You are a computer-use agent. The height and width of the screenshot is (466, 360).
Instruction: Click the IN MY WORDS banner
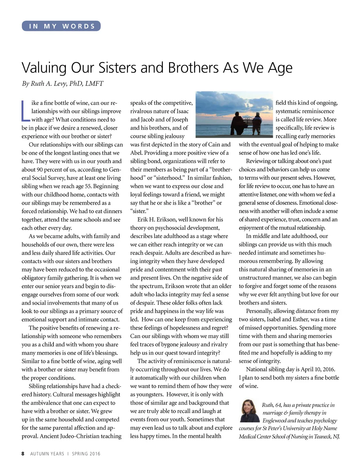(61, 26)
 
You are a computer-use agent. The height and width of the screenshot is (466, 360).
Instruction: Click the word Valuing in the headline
(44, 68)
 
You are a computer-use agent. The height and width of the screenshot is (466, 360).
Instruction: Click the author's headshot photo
(249, 411)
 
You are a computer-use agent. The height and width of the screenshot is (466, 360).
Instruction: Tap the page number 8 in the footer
(23, 454)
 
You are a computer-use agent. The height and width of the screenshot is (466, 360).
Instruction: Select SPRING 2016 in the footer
(86, 454)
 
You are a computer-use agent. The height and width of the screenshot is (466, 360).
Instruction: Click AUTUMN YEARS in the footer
(47, 454)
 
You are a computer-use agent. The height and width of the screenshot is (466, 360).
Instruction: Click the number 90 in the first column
(40, 170)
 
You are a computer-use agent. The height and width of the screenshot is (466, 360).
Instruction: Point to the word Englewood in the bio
(274, 421)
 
